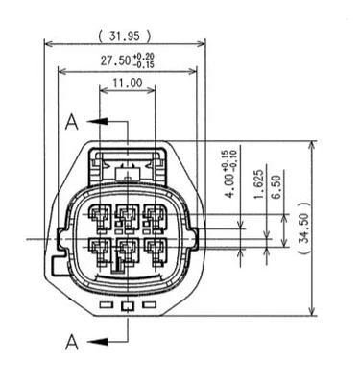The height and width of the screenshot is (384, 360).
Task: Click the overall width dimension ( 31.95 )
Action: point(125,36)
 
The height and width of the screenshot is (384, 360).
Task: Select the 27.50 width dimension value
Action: point(120,62)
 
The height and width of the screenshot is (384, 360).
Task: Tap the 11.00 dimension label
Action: point(127,84)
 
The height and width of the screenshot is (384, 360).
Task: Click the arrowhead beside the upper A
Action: point(94,122)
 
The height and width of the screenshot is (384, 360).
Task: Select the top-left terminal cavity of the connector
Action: point(100,218)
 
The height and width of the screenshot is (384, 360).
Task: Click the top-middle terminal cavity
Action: point(127,218)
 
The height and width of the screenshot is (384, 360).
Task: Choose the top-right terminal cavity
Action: point(154,218)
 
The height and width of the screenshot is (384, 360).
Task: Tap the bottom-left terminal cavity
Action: point(100,252)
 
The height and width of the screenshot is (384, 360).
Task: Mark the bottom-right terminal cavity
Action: point(154,252)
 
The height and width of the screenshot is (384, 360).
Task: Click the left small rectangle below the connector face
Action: point(107,306)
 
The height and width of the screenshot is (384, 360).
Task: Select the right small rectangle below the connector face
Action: point(149,306)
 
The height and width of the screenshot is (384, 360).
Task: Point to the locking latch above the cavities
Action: point(127,171)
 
